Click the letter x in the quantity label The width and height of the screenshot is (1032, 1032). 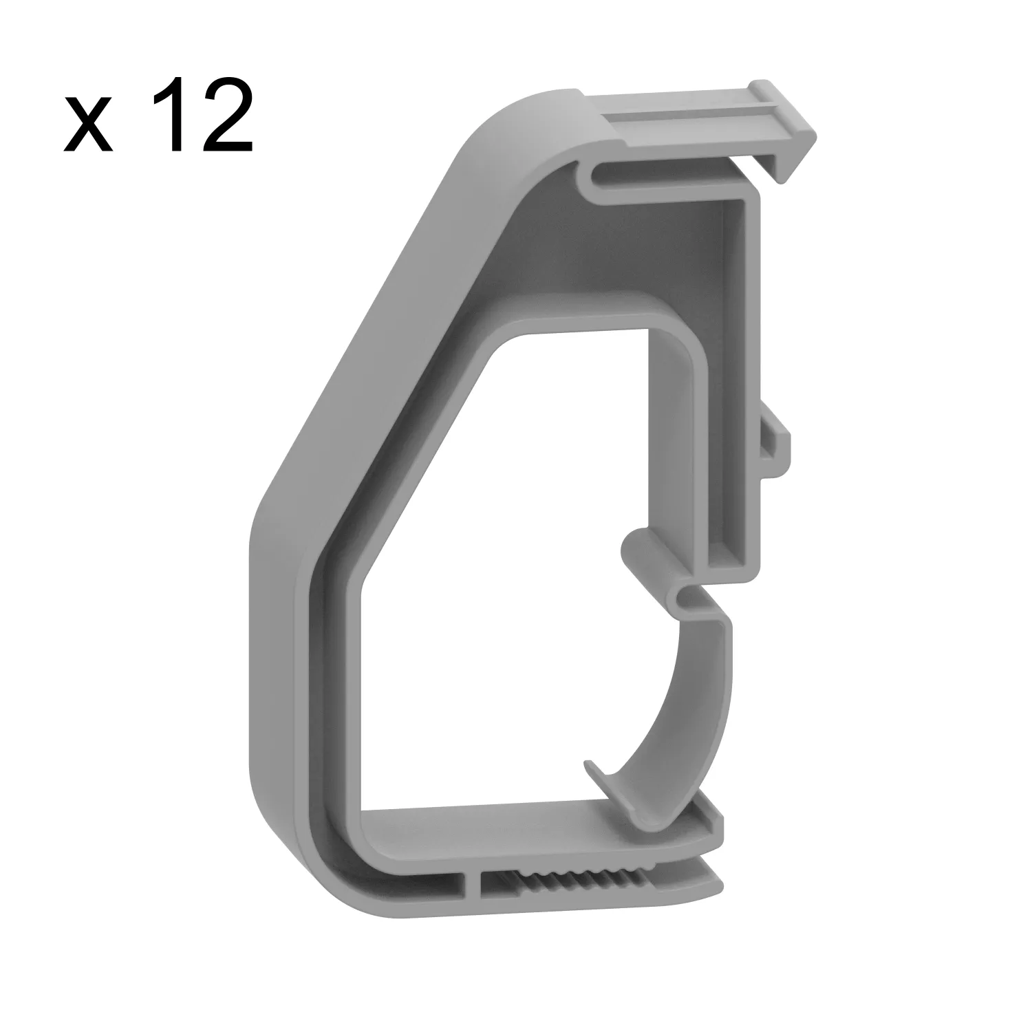click(x=88, y=127)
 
